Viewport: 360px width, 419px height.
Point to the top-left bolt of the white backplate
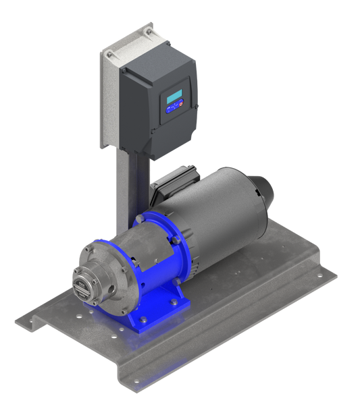(105, 53)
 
